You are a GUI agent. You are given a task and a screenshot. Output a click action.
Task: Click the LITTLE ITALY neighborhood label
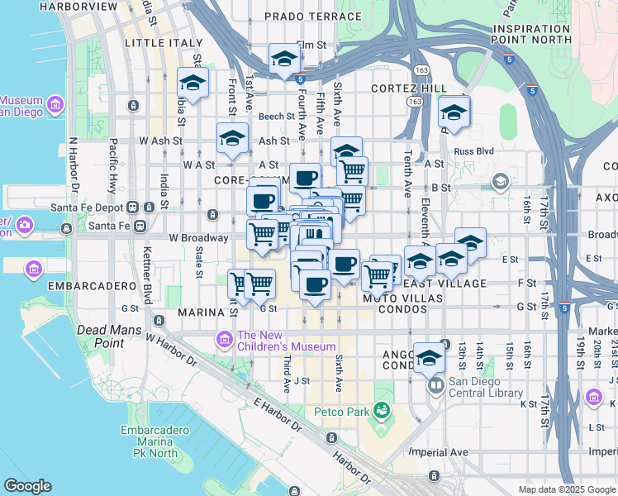pos(163,42)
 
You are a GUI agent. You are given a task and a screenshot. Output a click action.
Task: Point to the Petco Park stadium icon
pos(381,409)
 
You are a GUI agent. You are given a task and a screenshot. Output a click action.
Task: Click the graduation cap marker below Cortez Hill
pos(454,112)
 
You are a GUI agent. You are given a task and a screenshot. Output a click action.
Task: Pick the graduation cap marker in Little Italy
pos(193,83)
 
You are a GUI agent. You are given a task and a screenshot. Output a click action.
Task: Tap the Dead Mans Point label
pos(101,336)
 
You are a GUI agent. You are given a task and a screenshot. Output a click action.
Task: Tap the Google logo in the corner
pos(27,485)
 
